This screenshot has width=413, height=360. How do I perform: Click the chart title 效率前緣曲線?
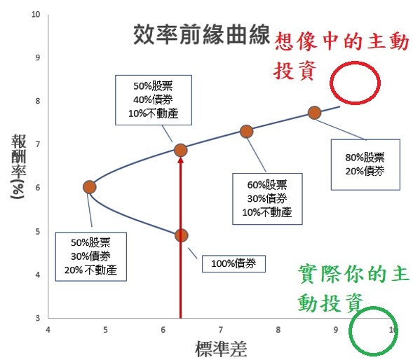(201, 34)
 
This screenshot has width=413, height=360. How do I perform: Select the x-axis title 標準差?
(221, 349)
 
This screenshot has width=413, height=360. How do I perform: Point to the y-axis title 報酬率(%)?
(18, 167)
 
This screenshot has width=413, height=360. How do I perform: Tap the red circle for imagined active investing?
(330, 83)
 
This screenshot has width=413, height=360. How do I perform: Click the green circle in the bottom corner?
(351, 331)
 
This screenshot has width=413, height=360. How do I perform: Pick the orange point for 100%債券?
(181, 235)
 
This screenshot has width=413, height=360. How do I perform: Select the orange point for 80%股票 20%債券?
(314, 113)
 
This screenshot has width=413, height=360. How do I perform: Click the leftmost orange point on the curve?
(89, 187)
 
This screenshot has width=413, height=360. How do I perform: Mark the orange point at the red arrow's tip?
(180, 151)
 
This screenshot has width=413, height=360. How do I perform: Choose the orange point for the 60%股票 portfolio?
(246, 131)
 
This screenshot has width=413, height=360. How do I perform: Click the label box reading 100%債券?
(233, 263)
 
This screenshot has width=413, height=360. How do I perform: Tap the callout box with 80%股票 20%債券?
(365, 165)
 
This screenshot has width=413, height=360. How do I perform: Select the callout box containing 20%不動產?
(91, 256)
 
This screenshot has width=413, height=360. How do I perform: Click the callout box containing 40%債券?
(154, 100)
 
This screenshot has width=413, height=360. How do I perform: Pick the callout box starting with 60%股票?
(267, 199)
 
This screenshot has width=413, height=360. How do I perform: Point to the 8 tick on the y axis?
(38, 101)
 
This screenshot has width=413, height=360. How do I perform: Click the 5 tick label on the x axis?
(105, 330)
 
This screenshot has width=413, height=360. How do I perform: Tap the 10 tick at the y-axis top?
(36, 14)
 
